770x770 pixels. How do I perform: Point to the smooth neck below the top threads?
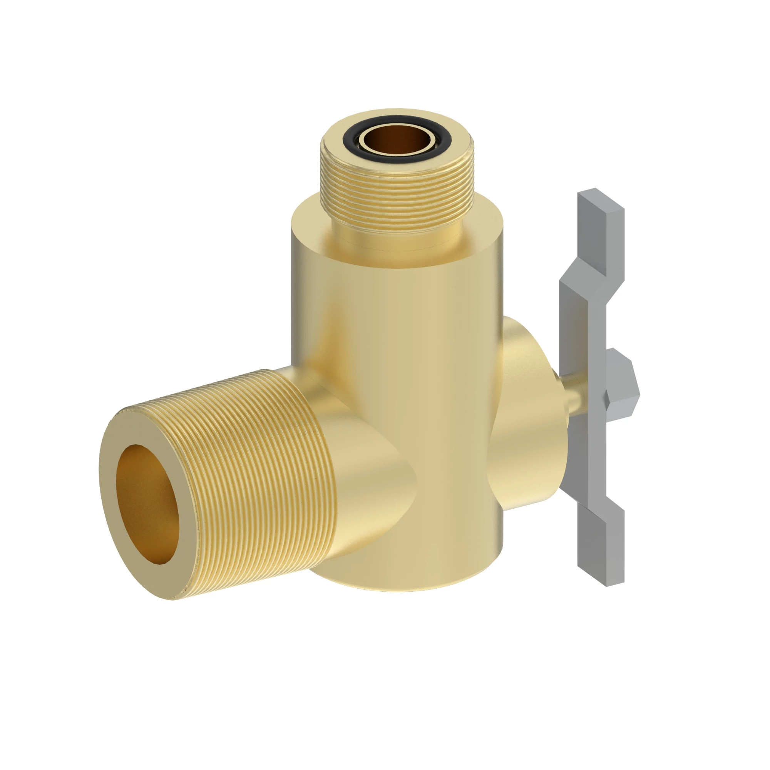point(397,235)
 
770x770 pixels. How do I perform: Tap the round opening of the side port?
point(147,504)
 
